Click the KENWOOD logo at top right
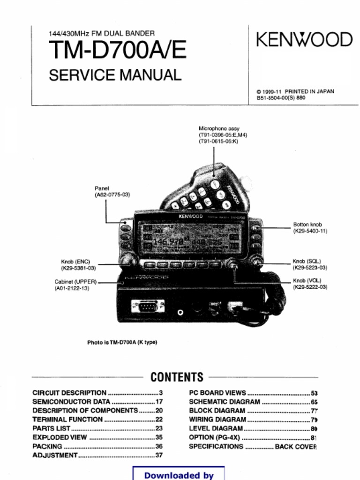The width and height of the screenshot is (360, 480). [304, 40]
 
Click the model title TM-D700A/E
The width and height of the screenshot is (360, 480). [118, 51]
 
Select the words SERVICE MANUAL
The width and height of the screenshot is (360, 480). [115, 75]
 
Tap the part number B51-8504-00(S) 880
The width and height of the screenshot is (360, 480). [281, 98]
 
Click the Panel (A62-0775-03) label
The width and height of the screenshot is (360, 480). [112, 191]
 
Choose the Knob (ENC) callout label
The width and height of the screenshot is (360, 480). [78, 265]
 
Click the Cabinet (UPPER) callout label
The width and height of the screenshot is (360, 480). [75, 285]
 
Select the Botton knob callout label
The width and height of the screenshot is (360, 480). [310, 228]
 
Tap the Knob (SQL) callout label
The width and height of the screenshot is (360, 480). [309, 264]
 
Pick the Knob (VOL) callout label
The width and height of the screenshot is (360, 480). [309, 284]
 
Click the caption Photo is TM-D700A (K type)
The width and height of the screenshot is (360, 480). [122, 342]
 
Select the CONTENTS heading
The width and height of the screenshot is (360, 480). [177, 377]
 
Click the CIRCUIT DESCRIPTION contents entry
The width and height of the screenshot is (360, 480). [69, 393]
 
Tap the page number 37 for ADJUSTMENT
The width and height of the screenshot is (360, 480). [159, 455]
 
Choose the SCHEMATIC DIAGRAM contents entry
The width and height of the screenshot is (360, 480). [224, 402]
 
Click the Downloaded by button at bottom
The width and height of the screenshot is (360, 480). [179, 474]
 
